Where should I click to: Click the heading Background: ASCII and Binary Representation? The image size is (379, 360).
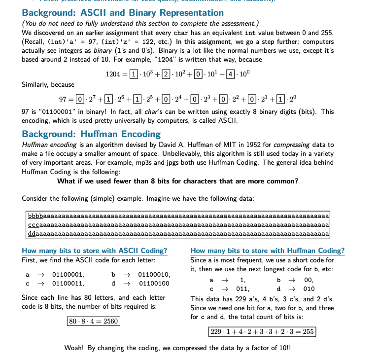point(123,13)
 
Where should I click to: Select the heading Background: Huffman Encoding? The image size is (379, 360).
point(91,134)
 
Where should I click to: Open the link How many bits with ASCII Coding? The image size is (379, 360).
point(95,251)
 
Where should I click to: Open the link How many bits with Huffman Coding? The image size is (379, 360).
point(267,251)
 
